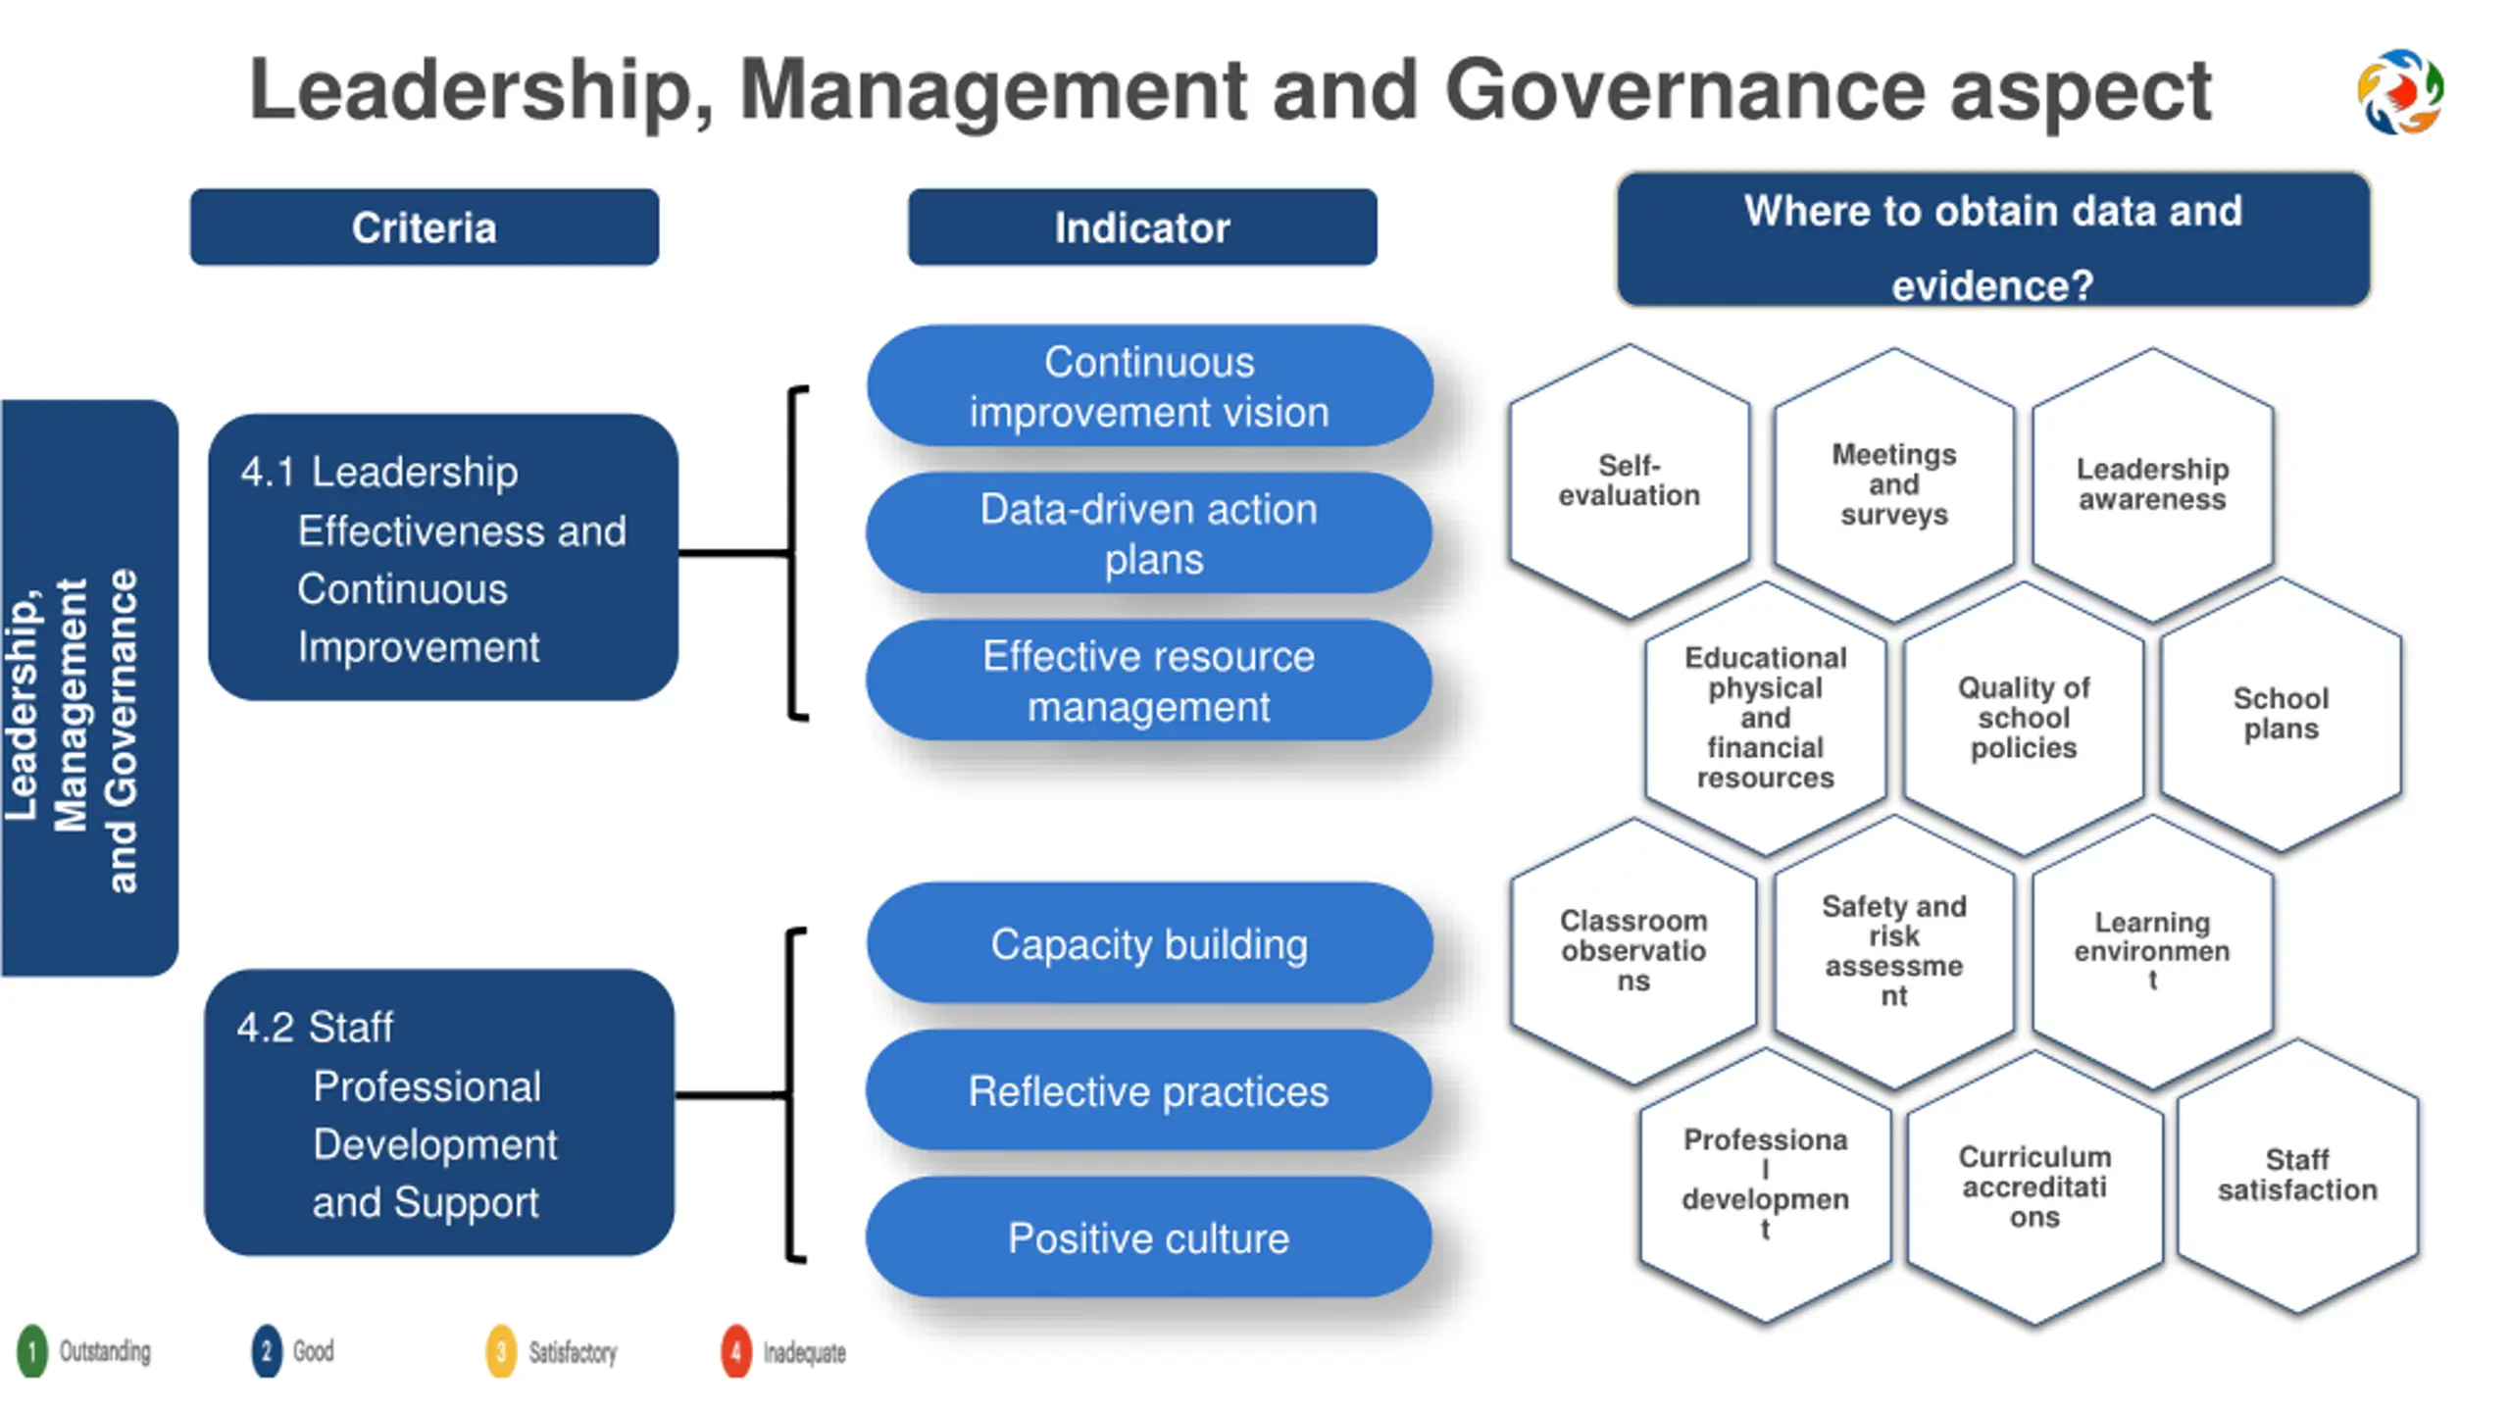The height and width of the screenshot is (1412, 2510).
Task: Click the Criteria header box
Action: [424, 227]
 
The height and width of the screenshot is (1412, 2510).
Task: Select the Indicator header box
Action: [1141, 227]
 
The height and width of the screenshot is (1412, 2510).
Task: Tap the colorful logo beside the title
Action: [2400, 91]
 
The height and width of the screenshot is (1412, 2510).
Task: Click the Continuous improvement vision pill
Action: [1149, 386]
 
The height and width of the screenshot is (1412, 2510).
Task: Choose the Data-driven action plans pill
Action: [1149, 533]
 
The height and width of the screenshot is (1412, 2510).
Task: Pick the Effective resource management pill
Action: [1149, 681]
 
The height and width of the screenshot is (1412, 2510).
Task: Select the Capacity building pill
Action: [1149, 943]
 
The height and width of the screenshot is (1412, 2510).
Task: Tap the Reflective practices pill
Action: [1149, 1090]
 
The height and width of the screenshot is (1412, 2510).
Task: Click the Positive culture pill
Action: [1149, 1237]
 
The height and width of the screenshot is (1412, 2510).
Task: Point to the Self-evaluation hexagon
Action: [1629, 480]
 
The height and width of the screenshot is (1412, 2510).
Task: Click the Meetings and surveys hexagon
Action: [1893, 483]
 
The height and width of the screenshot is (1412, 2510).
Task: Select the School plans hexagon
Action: [2281, 713]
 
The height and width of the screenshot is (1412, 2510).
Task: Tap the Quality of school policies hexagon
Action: [2024, 717]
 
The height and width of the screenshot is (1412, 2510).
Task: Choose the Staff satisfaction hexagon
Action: [2297, 1175]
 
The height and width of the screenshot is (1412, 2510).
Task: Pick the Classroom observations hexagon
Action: [1633, 950]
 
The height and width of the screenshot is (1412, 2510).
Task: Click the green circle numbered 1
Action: [31, 1351]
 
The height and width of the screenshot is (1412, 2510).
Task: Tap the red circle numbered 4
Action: [735, 1351]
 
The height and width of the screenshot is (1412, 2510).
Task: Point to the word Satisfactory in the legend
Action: [573, 1353]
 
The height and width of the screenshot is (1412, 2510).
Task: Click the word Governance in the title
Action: [1684, 90]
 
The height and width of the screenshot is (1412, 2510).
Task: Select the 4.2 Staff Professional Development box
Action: [439, 1113]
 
